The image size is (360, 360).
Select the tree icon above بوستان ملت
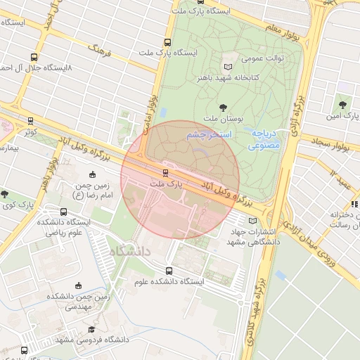[x=224, y=108]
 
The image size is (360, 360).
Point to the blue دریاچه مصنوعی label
[x=265, y=139]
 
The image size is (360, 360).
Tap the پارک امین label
[x=345, y=113]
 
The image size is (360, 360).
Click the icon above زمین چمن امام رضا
[x=92, y=175]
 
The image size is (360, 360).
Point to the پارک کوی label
[x=17, y=205]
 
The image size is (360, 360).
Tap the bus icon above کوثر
[x=30, y=120]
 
